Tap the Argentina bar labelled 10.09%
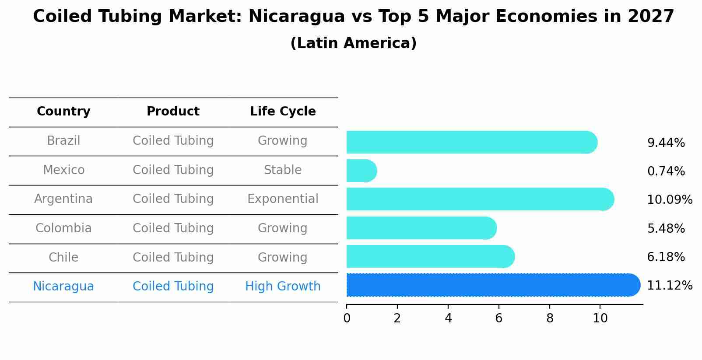point(479,199)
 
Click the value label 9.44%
point(666,143)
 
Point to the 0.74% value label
point(666,171)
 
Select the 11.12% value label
point(669,286)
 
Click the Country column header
point(63,112)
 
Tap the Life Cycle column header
point(283,112)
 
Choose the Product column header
point(173,112)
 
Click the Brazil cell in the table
point(63,141)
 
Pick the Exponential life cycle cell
point(283,199)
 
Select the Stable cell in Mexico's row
point(283,170)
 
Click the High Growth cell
point(283,287)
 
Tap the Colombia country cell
point(63,228)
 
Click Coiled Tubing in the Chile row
point(173,258)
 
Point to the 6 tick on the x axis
point(498,318)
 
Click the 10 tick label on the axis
point(600,318)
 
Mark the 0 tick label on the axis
point(347,318)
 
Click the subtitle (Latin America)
point(353,43)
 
